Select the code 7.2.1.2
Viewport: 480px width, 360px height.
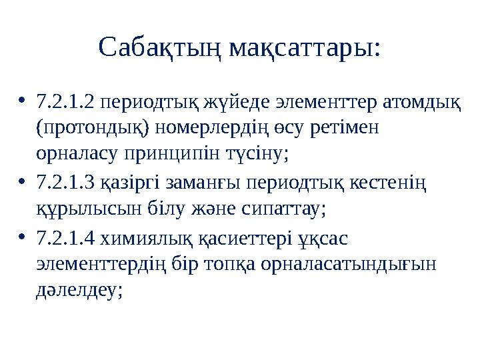tap(69, 102)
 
